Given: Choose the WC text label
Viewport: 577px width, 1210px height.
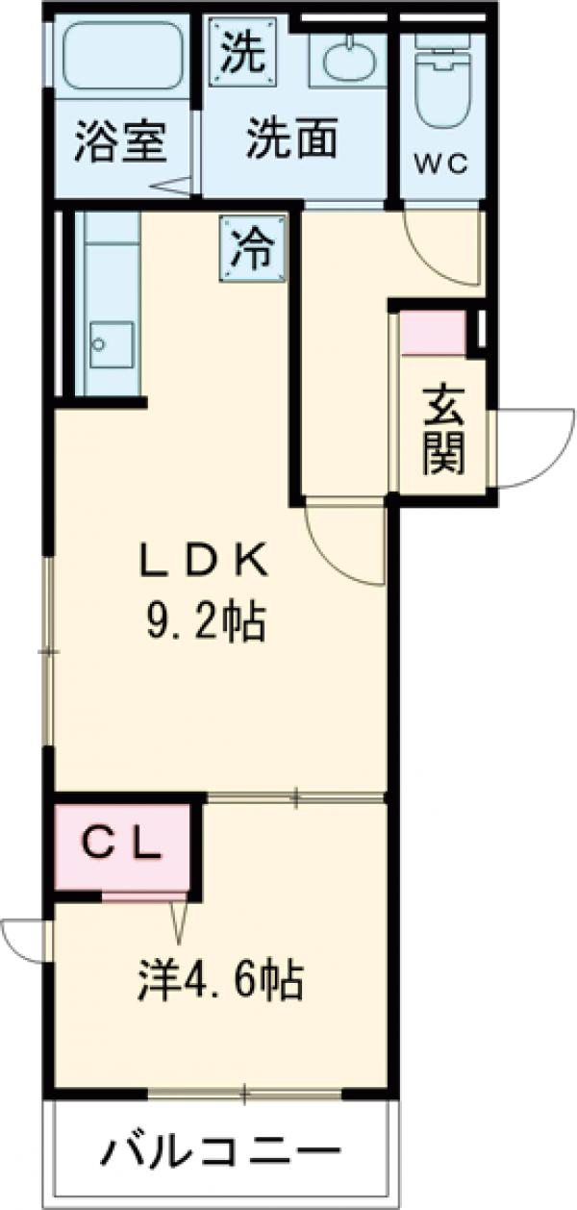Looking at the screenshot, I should click(x=440, y=164).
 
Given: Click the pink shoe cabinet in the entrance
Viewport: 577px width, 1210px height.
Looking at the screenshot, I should click(x=432, y=333).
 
